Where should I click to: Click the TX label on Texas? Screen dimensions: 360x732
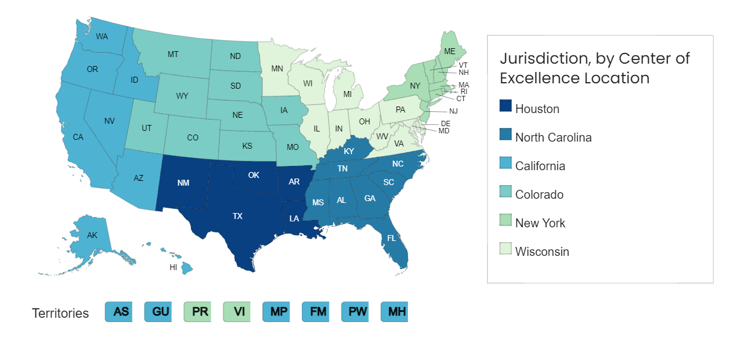pos(237,217)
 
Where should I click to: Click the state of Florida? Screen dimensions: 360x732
pos(393,244)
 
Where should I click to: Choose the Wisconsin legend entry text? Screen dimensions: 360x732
pos(542,252)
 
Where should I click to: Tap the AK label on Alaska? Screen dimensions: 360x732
pos(92,236)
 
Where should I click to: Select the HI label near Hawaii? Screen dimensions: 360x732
pos(173,267)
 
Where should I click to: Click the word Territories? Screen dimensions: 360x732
pos(60,314)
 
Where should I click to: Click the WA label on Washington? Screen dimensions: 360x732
pos(102,36)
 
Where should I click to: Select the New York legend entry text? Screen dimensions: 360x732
pos(540,223)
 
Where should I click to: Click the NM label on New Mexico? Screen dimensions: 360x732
pos(183,183)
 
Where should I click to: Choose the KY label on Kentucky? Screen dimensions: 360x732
pos(348,152)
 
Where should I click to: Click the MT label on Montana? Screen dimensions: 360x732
pos(173,54)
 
